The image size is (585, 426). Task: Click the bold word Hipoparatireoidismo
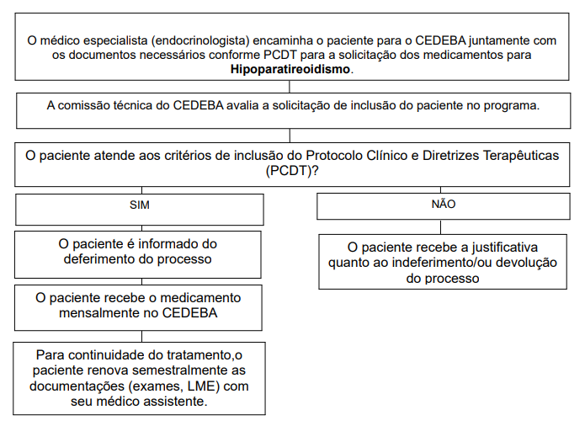(290, 69)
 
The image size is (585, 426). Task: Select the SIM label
(140, 205)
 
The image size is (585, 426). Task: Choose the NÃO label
(443, 204)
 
